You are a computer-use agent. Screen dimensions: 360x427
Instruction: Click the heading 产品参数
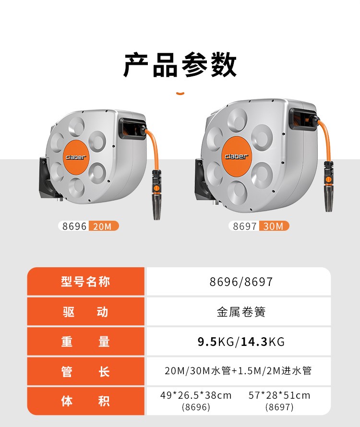tap(180, 65)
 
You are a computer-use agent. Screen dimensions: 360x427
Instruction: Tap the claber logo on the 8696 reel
tap(76, 157)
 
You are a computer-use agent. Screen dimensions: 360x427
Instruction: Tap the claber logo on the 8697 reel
tap(237, 156)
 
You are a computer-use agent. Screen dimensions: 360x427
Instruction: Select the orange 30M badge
tap(274, 226)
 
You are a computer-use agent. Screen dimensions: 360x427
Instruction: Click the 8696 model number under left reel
tap(74, 226)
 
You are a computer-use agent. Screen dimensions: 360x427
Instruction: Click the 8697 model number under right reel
tap(244, 226)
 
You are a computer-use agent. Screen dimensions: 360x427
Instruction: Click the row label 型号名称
tap(85, 281)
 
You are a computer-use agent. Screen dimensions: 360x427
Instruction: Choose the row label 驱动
tap(85, 312)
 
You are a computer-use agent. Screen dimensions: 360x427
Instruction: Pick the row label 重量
tap(85, 342)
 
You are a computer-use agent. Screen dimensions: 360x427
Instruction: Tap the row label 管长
tap(85, 371)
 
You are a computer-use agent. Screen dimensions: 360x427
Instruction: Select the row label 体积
tap(85, 401)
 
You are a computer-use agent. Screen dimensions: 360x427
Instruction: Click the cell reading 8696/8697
tap(241, 282)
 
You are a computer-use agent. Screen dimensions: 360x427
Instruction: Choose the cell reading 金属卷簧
tap(241, 312)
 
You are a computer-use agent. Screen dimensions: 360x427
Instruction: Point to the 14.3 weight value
tap(254, 342)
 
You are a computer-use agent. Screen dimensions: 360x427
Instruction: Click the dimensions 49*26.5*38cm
tap(196, 395)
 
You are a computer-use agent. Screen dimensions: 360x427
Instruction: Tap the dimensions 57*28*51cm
tap(279, 395)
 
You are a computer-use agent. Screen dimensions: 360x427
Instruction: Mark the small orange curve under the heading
tap(180, 94)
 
